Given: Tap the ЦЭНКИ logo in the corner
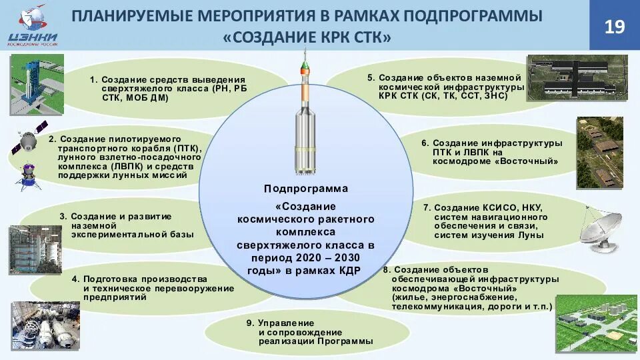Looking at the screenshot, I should point(31,26).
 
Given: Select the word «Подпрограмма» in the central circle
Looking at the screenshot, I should point(306,189).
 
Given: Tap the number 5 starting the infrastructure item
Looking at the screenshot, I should point(371,77).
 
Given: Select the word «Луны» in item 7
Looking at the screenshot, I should point(531,235).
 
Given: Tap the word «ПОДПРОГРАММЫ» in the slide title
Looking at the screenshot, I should point(475,15).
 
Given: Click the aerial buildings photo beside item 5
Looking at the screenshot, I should point(577,78).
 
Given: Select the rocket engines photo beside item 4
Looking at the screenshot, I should point(45,325).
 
